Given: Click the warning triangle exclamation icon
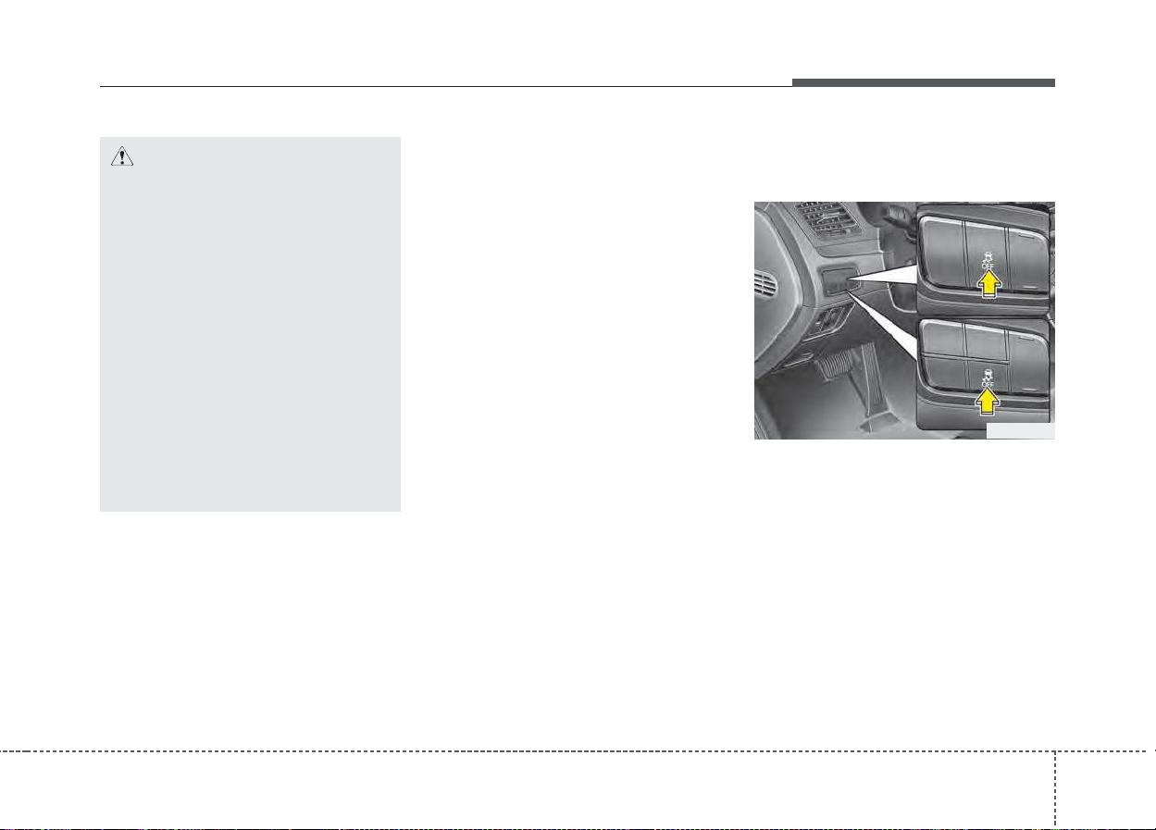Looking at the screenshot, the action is click(x=122, y=156).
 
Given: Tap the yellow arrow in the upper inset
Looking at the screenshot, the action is click(x=988, y=284).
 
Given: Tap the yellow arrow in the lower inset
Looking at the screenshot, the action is click(x=987, y=401).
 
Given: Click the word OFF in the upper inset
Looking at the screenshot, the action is click(x=988, y=266).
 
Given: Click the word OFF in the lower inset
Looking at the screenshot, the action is click(x=988, y=384).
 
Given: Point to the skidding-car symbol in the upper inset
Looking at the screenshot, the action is click(x=988, y=257).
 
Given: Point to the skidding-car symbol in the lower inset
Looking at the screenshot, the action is click(x=988, y=375).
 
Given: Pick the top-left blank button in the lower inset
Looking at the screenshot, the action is click(x=943, y=338).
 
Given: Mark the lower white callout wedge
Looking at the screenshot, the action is click(x=882, y=325).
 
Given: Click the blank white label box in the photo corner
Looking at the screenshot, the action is click(x=1020, y=431).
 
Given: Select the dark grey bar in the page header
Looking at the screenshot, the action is click(x=924, y=82).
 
